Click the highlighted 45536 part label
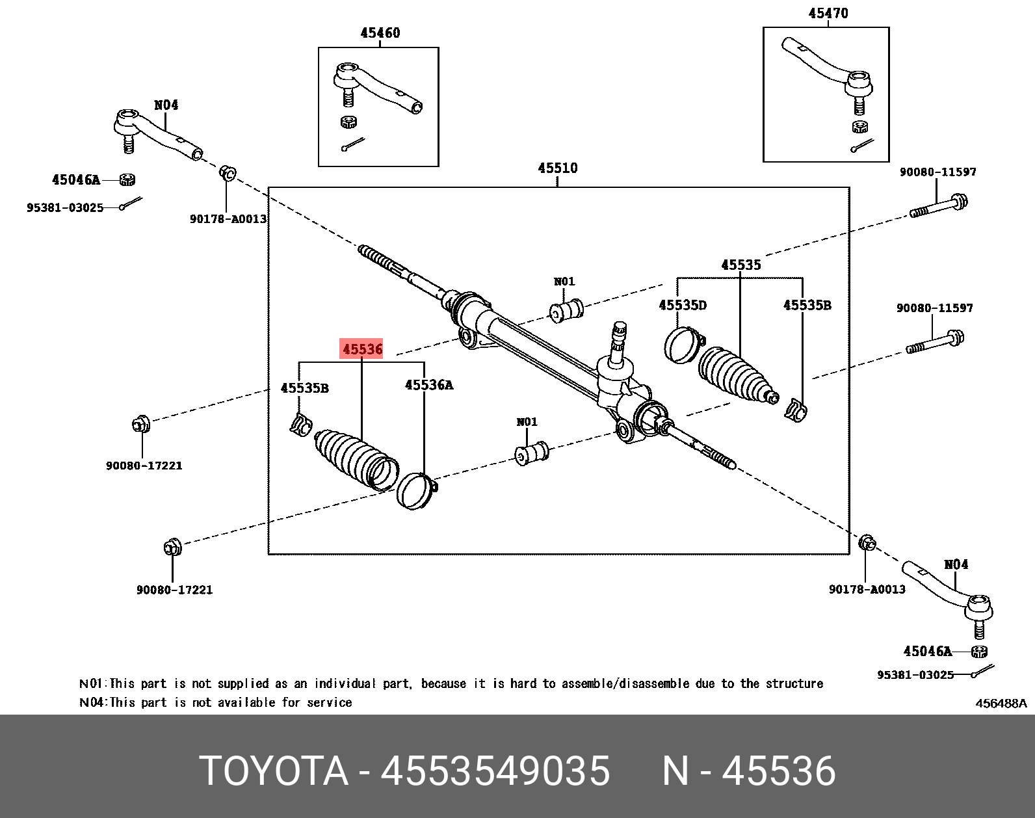pos(362,349)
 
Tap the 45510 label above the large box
pos(557,168)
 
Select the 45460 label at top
pos(380,33)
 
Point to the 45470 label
pos(828,14)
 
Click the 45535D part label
pos(682,306)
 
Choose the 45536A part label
pos(428,385)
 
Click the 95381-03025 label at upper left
pos(65,208)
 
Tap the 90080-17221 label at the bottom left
pos(174,590)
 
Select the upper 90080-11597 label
pos(937,172)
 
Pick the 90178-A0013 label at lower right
pos(867,590)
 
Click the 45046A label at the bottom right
pos(927,651)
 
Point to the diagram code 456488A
pos(1001,703)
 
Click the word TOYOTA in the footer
pos(274,771)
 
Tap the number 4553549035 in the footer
pos(495,771)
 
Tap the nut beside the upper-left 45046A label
pos(127,179)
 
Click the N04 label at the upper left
pos(166,105)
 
